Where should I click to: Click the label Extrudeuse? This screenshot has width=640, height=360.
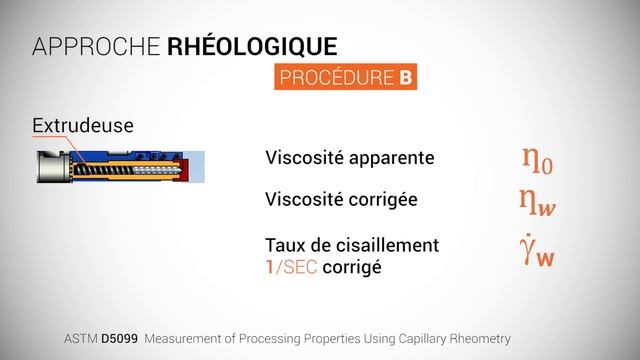point(83,127)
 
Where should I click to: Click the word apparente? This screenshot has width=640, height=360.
point(392,158)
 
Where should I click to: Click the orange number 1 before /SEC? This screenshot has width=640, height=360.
point(270,268)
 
